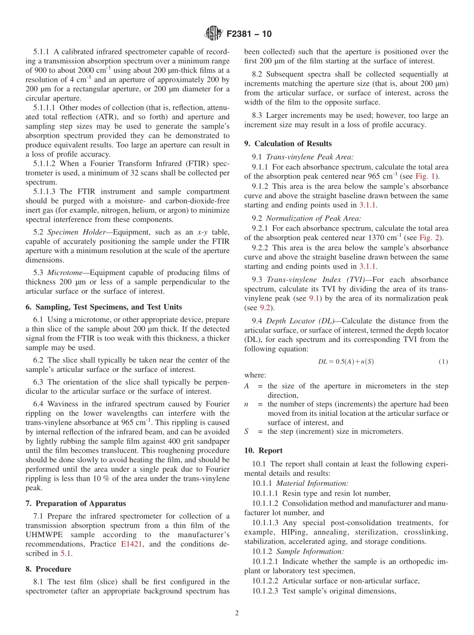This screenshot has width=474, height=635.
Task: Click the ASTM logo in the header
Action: coord(214,34)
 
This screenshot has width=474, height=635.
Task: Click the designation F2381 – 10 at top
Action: coord(249,34)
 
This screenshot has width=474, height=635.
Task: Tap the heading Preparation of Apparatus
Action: coord(79,503)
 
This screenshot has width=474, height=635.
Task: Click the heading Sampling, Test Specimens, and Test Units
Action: coord(104,307)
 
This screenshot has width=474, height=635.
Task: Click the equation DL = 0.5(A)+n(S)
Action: coord(346,361)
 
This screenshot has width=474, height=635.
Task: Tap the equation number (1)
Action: coord(443,361)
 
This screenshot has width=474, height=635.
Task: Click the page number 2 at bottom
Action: coord(237,614)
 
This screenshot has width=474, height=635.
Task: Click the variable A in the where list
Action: coord(246,386)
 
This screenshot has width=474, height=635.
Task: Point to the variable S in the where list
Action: coord(246,431)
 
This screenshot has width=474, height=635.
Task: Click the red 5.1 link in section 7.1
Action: coord(66,553)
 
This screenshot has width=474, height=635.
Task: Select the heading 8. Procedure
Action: coord(48,569)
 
